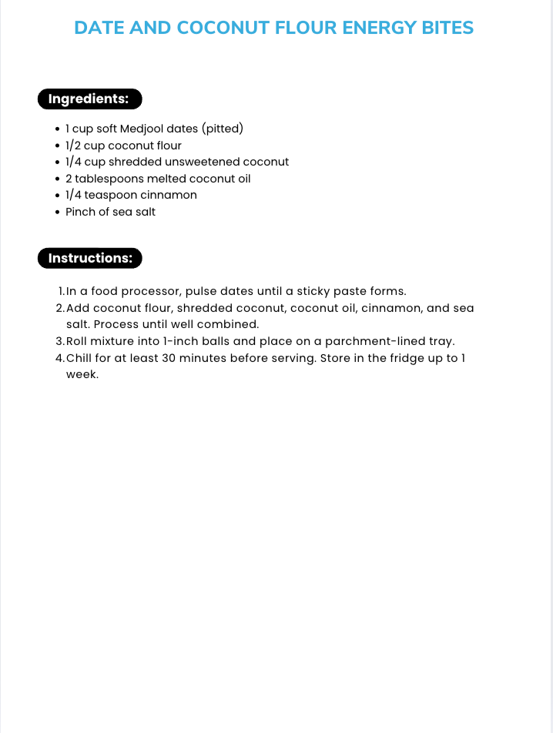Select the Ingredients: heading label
(89, 99)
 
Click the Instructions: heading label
(89, 259)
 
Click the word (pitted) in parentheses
(223, 129)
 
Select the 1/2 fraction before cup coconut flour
(74, 146)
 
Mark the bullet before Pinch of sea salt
(58, 212)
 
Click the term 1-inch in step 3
(181, 341)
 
